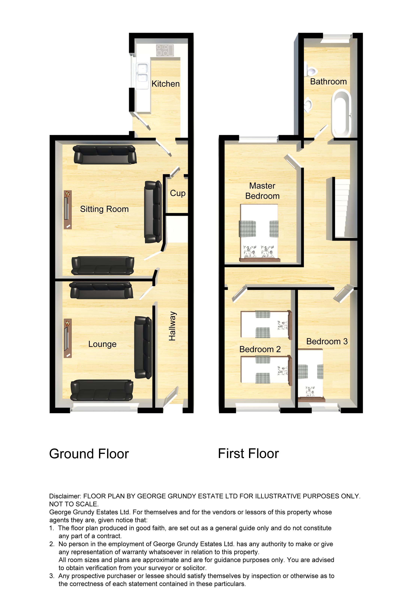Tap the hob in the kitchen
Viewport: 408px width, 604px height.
(x=165, y=50)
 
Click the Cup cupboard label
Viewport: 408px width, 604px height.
(x=178, y=193)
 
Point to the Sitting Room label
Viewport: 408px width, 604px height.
(x=104, y=209)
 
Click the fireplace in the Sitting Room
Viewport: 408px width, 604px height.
(x=67, y=210)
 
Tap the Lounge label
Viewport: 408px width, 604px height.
(x=102, y=344)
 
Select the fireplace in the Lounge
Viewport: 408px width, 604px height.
(x=67, y=338)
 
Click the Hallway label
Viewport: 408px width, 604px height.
(x=172, y=326)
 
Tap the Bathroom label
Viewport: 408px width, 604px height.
(x=328, y=81)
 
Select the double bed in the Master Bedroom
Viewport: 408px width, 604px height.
(x=259, y=233)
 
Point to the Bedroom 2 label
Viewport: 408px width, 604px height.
(x=260, y=349)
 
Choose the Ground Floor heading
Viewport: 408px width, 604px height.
(x=89, y=454)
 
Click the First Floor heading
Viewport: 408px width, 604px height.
(x=248, y=454)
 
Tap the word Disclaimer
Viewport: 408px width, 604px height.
(x=65, y=496)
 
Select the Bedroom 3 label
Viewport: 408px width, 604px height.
(x=327, y=341)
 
